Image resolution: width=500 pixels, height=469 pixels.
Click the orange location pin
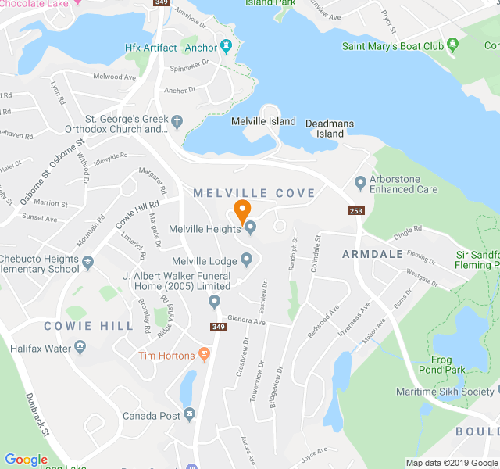pyautogui.click(x=242, y=210)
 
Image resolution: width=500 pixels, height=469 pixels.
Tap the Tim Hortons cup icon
pyautogui.click(x=205, y=356)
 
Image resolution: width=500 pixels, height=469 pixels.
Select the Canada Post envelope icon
pyautogui.click(x=189, y=414)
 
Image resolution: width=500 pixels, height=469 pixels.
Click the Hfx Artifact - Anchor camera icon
pyautogui.click(x=226, y=47)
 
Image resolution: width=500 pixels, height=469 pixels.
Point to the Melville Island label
pyautogui.click(x=263, y=121)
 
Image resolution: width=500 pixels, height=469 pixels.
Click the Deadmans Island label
pyautogui.click(x=330, y=128)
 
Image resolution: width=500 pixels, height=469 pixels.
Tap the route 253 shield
pyautogui.click(x=356, y=211)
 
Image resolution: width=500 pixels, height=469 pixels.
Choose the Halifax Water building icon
pyautogui.click(x=80, y=346)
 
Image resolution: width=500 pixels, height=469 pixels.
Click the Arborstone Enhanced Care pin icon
pyautogui.click(x=360, y=184)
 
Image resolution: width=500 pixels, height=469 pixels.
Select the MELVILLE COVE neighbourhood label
pyautogui.click(x=254, y=193)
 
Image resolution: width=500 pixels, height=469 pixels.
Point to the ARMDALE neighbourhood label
pyautogui.click(x=373, y=254)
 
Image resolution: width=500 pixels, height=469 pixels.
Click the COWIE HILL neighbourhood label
pyautogui.click(x=78, y=326)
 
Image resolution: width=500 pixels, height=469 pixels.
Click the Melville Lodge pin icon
pyautogui.click(x=246, y=260)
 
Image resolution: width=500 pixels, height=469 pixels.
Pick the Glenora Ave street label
pyautogui.click(x=247, y=321)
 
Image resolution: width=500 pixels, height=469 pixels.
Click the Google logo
pyautogui.click(x=26, y=460)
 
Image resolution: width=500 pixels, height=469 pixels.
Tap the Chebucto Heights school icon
pyautogui.click(x=87, y=260)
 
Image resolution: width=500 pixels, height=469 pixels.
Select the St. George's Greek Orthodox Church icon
pyautogui.click(x=177, y=122)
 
